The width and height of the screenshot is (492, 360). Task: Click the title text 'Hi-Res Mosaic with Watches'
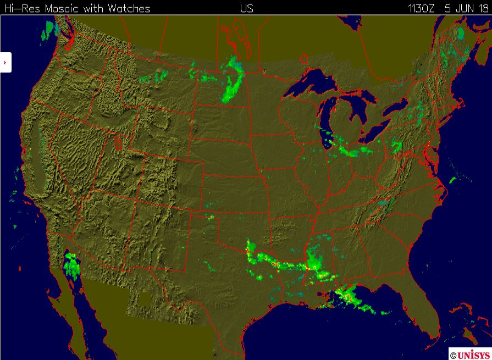[x=77, y=8]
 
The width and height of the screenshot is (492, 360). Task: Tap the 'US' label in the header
[x=246, y=8]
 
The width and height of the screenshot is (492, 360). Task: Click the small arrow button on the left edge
[x=5, y=63]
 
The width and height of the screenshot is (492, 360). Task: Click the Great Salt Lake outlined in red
[x=118, y=142]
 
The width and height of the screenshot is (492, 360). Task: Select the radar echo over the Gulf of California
[x=72, y=265]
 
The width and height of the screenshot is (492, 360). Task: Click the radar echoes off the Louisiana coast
[x=352, y=297]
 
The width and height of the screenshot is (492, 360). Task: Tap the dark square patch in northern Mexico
[x=144, y=299]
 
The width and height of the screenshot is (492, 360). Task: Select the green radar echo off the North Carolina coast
[x=453, y=179]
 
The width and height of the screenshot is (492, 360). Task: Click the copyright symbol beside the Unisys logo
[x=453, y=356]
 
